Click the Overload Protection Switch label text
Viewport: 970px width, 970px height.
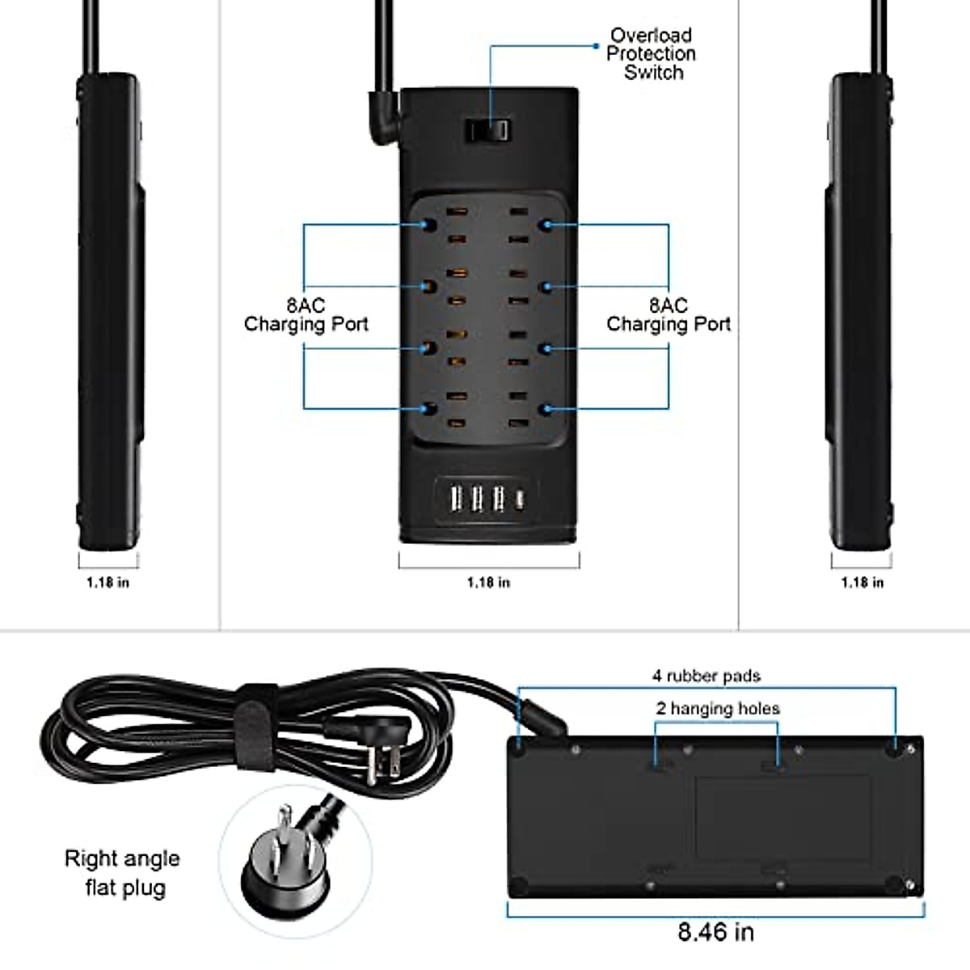(x=651, y=54)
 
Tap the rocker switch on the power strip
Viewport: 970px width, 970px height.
(x=487, y=130)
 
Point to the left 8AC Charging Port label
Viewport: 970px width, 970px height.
(x=306, y=315)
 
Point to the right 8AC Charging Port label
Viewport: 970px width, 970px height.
(x=668, y=315)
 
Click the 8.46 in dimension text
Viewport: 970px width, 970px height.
(x=715, y=932)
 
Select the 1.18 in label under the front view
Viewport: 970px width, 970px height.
(x=488, y=582)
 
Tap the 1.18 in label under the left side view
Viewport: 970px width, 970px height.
(x=108, y=582)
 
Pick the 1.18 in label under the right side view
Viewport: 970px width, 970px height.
(x=862, y=582)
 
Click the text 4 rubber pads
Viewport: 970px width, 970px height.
(x=706, y=676)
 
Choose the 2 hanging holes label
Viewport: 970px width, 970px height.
(x=718, y=709)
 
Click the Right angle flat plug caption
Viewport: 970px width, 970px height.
(x=123, y=872)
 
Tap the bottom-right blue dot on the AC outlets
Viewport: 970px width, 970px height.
(x=547, y=409)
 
